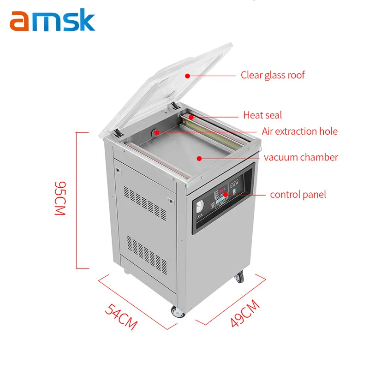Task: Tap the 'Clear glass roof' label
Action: (x=273, y=75)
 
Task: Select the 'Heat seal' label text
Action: (x=262, y=115)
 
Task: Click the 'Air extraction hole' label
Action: (x=299, y=131)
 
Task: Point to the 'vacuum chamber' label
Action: (x=301, y=157)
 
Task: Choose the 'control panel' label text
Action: (x=298, y=195)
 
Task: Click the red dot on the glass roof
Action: (x=187, y=75)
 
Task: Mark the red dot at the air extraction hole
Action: (x=157, y=132)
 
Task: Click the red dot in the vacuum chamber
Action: (x=199, y=158)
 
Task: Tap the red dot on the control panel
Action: (x=226, y=195)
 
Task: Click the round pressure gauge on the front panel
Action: (x=200, y=207)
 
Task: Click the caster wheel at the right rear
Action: (x=239, y=278)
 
